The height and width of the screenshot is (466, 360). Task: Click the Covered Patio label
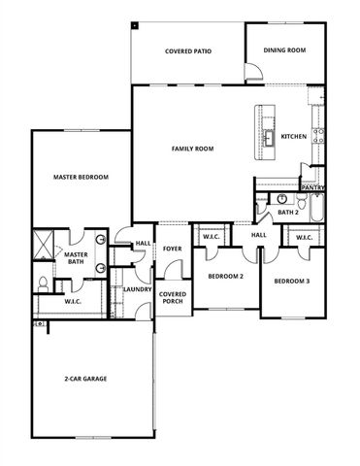click(x=188, y=50)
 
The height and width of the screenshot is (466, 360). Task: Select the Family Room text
click(x=192, y=149)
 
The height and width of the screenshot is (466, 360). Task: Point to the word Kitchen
click(x=294, y=137)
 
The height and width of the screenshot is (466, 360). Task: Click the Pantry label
click(x=312, y=187)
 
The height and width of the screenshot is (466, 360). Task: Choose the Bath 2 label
click(x=287, y=212)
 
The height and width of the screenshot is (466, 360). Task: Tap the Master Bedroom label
click(x=81, y=177)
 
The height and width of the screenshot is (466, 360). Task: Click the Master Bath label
click(x=77, y=258)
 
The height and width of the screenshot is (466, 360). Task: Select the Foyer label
click(x=172, y=249)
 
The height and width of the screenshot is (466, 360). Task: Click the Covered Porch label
click(x=173, y=297)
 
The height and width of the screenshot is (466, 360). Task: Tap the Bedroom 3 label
click(x=291, y=282)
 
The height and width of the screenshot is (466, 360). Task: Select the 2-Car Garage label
click(x=85, y=380)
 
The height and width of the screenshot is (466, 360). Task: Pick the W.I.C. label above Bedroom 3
click(x=303, y=237)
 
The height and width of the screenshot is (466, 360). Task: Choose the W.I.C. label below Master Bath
click(x=73, y=302)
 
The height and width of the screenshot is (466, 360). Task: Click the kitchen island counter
click(x=263, y=132)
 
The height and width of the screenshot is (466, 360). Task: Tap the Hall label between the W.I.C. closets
click(x=259, y=235)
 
